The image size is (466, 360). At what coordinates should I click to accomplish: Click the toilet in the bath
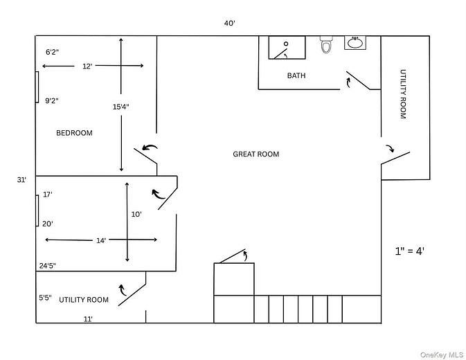(x=326, y=44)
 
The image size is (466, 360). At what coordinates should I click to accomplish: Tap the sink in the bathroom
(x=355, y=43)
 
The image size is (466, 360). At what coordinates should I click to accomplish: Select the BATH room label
(x=296, y=75)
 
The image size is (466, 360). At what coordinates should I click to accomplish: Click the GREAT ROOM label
(x=256, y=154)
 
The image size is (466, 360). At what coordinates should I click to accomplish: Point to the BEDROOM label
(x=74, y=133)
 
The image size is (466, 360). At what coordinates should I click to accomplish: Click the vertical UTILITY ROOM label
(x=403, y=94)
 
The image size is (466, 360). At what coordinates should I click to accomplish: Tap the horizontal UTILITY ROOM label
(x=84, y=300)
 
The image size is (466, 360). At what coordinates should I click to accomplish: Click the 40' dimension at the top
(x=230, y=23)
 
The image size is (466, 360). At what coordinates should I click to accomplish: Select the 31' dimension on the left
(x=21, y=180)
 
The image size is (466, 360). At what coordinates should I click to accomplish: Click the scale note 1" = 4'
(x=409, y=251)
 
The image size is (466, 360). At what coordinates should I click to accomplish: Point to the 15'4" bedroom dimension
(x=120, y=107)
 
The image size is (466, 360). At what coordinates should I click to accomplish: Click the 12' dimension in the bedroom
(x=87, y=66)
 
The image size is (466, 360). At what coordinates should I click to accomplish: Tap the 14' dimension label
(x=101, y=240)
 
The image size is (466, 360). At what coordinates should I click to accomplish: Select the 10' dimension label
(x=136, y=214)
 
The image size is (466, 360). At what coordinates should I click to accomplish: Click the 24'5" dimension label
(x=48, y=266)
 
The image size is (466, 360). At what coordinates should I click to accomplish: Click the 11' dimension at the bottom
(x=88, y=319)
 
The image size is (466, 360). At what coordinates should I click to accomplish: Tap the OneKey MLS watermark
(x=442, y=354)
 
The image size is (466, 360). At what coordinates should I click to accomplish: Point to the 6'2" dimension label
(x=52, y=52)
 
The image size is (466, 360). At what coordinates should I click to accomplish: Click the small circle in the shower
(x=286, y=44)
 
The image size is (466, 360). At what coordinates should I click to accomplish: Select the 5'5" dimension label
(x=45, y=297)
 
